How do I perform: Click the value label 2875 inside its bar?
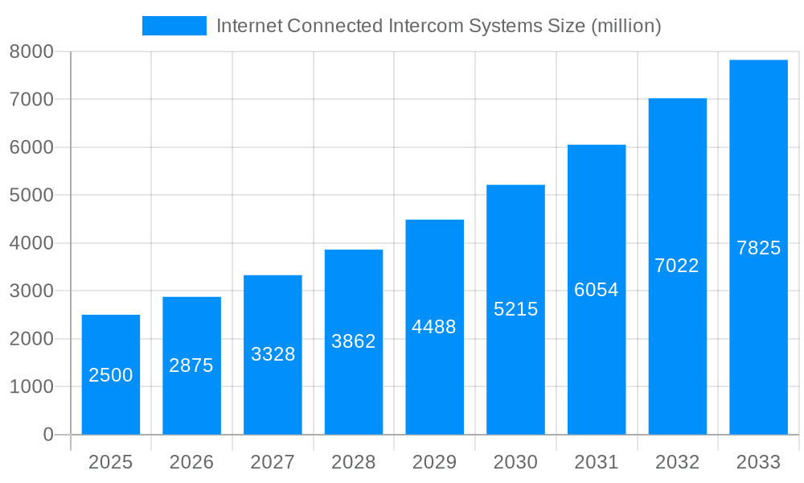coord(191,365)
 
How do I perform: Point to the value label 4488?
coord(434,327)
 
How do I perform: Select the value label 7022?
coord(677,266)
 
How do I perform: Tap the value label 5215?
coord(515,309)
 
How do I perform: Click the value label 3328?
coord(273,354)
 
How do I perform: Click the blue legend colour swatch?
coord(174,26)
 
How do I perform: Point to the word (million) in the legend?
coord(626,26)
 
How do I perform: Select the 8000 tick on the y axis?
coord(31,52)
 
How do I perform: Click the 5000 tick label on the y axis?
coord(31,196)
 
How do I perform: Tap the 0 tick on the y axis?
coord(47,435)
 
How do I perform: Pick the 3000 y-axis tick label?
coord(31,291)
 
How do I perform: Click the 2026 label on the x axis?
coord(191,462)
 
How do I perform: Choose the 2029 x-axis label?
coord(434,462)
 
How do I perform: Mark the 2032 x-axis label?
coord(677,462)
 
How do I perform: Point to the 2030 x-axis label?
coord(515,462)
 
